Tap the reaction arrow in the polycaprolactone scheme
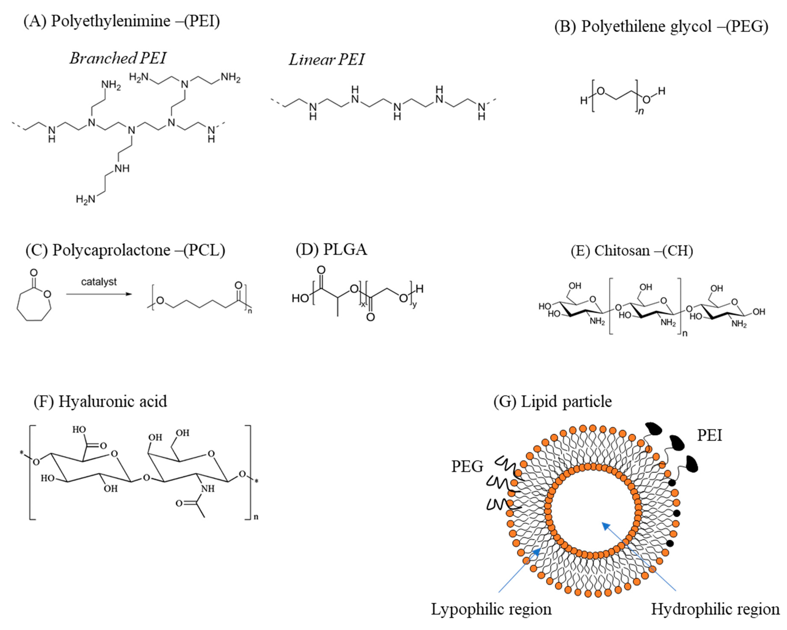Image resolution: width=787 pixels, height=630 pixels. pos(98,294)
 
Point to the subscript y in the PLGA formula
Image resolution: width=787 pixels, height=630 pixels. pos(414,305)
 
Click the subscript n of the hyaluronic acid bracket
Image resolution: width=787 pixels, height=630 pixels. pos(256,517)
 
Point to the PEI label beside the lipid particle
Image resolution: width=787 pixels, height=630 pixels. pos(709,435)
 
